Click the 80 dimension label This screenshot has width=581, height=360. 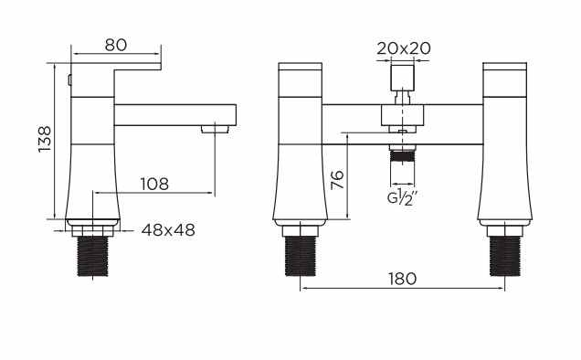point(116,45)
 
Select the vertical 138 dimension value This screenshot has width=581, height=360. point(45,139)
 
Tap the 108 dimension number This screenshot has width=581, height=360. point(154,184)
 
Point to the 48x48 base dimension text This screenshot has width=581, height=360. point(168,230)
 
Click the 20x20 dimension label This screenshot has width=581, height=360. point(404,48)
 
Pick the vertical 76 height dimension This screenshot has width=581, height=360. point(337,180)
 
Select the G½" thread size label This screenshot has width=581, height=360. point(402,197)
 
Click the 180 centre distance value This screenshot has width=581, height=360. point(402,279)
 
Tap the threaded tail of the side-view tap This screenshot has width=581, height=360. point(92,256)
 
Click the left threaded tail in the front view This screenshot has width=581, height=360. point(301,256)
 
